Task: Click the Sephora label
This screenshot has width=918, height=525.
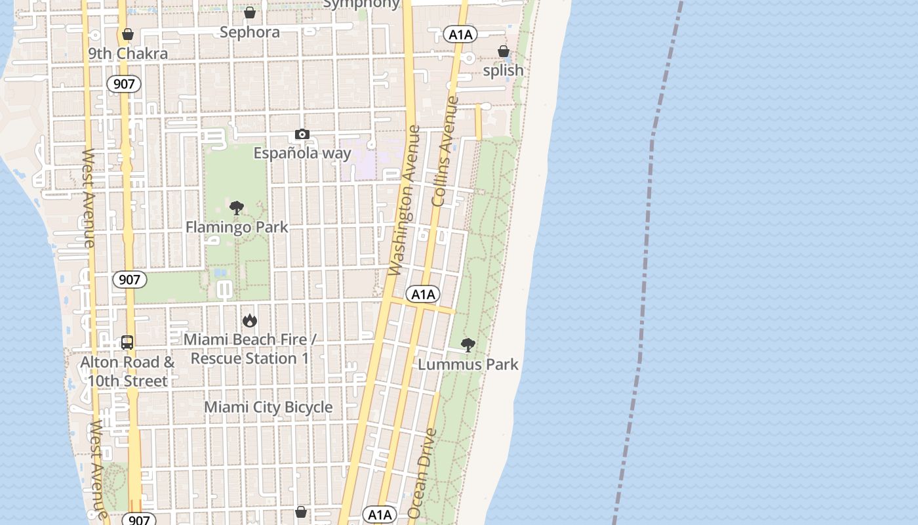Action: [250, 32]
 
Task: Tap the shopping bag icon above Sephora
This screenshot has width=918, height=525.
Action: [250, 12]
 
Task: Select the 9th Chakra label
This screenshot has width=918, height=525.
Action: [128, 54]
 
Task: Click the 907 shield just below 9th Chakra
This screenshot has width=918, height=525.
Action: [124, 83]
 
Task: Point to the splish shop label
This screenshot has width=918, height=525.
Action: [503, 70]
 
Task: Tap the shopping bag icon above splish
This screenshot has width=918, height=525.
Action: [503, 51]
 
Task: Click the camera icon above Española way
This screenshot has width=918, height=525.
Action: [302, 135]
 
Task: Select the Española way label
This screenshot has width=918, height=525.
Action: [302, 154]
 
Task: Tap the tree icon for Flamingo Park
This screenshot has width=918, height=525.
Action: [237, 209]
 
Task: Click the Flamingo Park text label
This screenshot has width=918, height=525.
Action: [237, 228]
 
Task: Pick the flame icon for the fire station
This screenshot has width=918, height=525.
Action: [249, 320]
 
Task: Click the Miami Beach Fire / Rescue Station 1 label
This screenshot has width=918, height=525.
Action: [249, 349]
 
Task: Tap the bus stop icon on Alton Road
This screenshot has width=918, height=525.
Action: [127, 343]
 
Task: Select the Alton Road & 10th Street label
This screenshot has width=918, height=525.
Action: [127, 371]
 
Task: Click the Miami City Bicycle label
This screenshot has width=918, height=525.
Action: [268, 408]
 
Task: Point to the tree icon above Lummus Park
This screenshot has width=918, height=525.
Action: [468, 345]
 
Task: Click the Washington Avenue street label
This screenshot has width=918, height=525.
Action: [403, 200]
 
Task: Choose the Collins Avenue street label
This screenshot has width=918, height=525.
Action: [445, 151]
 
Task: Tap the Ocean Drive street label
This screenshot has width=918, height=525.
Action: [422, 474]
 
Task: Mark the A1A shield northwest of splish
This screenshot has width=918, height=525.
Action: [460, 35]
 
